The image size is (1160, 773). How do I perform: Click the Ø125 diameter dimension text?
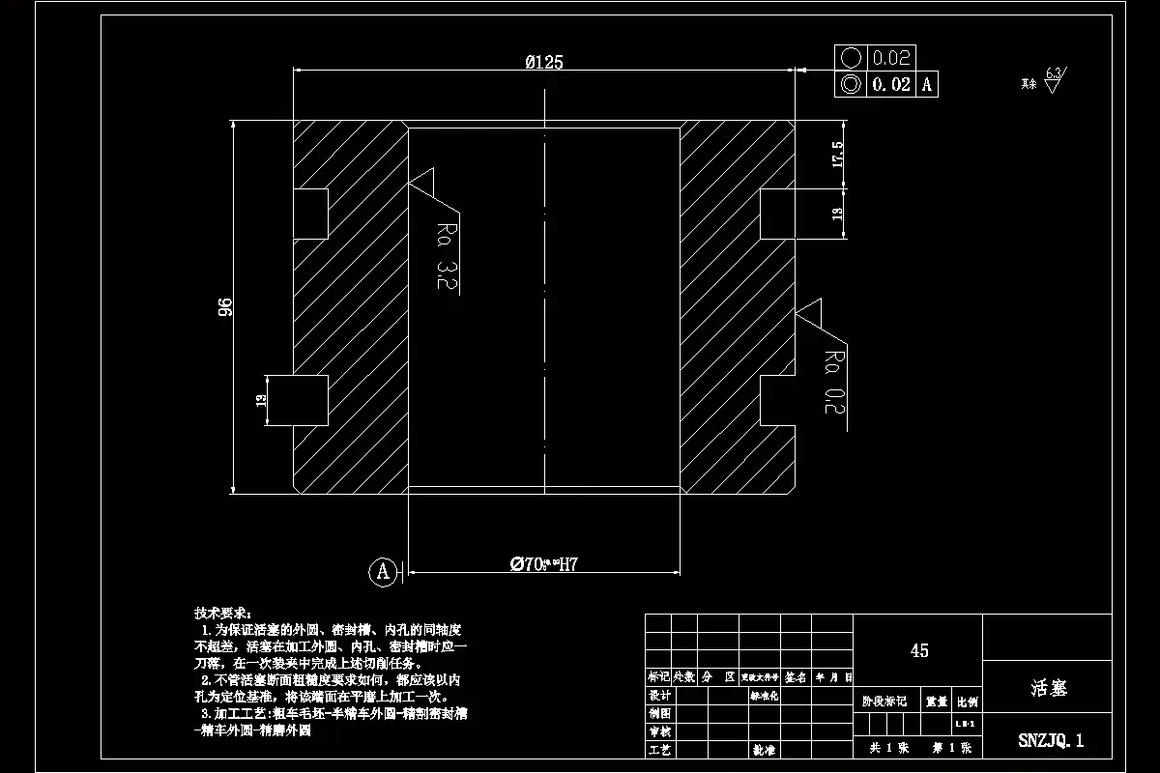544,63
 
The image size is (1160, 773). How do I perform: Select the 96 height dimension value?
225,307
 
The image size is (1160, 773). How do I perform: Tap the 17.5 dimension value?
837,155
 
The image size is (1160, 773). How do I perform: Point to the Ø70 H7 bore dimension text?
543,564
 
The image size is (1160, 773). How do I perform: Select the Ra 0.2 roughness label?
832,382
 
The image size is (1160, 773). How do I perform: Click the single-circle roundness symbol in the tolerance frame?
851,58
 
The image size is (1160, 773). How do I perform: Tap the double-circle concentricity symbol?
851,84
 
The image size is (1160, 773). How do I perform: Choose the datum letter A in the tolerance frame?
926,85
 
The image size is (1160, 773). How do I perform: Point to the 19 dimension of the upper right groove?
837,214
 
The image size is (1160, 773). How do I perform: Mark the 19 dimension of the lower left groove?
261,401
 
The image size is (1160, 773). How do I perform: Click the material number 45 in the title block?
919,650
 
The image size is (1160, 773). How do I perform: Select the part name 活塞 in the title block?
1048,688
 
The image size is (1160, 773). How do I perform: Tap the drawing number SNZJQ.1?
1051,741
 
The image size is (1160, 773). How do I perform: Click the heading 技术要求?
222,614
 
